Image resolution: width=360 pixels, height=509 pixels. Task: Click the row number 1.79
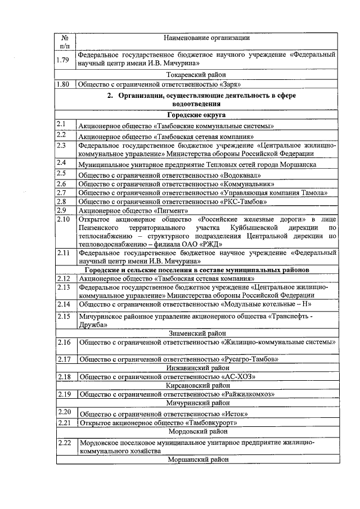pos(63,60)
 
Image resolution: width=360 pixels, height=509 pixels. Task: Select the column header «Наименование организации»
pos(206,38)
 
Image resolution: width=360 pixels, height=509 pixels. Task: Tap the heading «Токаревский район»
pos(196,74)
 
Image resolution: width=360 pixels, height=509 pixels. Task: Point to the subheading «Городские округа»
pos(196,115)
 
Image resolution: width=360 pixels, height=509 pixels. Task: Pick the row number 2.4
pos(62,163)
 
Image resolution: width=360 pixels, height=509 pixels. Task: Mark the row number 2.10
pos(64,219)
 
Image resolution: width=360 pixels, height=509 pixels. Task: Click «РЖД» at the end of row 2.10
pos(214,244)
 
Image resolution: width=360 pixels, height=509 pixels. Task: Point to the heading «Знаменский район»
pos(196,333)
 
